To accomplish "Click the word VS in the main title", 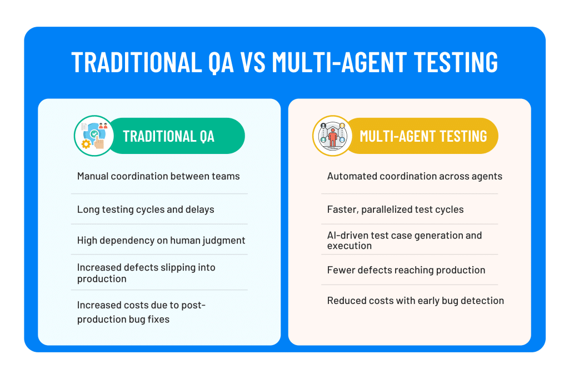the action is tap(252, 62).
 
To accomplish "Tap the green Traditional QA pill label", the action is tap(176, 136).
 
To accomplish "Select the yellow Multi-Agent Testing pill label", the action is tap(422, 136).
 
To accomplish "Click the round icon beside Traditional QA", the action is tap(94, 136).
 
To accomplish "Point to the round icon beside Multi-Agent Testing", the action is tap(332, 136).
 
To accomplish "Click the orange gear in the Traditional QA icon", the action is tap(86, 144).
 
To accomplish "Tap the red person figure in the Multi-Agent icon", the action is tap(332, 137).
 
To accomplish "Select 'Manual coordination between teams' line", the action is tap(158, 176).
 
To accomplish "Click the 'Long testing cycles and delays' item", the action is tap(146, 210).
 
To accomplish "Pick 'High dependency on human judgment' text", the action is tap(161, 240).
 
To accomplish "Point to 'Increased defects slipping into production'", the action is tap(146, 273).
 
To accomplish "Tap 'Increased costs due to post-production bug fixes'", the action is tap(141, 312).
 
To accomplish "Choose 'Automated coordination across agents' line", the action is tap(415, 176).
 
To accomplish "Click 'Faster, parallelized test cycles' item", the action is tap(395, 210).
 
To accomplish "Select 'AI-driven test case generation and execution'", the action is tap(405, 240).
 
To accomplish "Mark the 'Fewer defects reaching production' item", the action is tap(406, 270).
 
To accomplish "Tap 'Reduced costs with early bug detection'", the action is tap(416, 301).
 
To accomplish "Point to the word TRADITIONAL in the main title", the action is tap(137, 62).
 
